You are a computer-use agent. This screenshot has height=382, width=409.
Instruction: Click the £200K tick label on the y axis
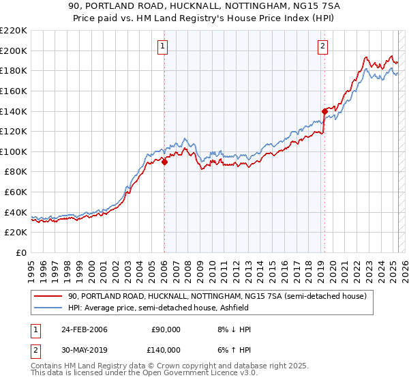tap(14, 50)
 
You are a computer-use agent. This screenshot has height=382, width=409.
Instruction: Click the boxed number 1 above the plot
tap(164, 46)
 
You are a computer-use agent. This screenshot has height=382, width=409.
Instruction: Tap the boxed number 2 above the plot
tap(322, 46)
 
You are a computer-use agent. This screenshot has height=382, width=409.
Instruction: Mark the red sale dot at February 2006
tap(165, 162)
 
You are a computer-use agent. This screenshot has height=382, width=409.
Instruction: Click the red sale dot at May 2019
tap(324, 111)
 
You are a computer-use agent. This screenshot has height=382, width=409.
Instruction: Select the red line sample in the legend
tap(48, 296)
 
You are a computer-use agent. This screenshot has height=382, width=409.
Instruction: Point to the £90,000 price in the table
tap(166, 329)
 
